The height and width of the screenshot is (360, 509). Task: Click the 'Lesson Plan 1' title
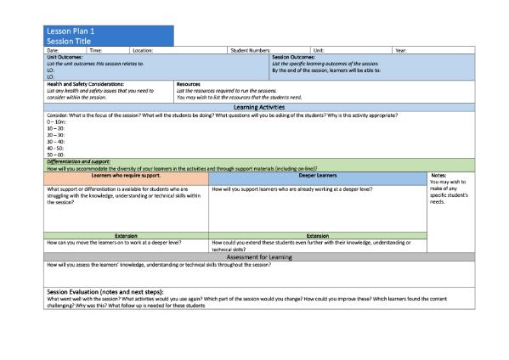(71, 31)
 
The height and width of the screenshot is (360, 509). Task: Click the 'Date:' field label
(53, 51)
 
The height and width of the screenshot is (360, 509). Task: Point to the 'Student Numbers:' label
(250, 51)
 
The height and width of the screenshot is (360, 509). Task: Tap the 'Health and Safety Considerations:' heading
(85, 84)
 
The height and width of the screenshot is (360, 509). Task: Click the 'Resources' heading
(188, 84)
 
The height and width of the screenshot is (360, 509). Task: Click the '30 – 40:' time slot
(55, 141)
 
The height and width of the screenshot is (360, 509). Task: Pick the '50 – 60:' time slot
(55, 155)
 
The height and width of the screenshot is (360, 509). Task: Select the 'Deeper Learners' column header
(318, 175)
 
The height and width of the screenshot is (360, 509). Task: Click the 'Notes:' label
(438, 175)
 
